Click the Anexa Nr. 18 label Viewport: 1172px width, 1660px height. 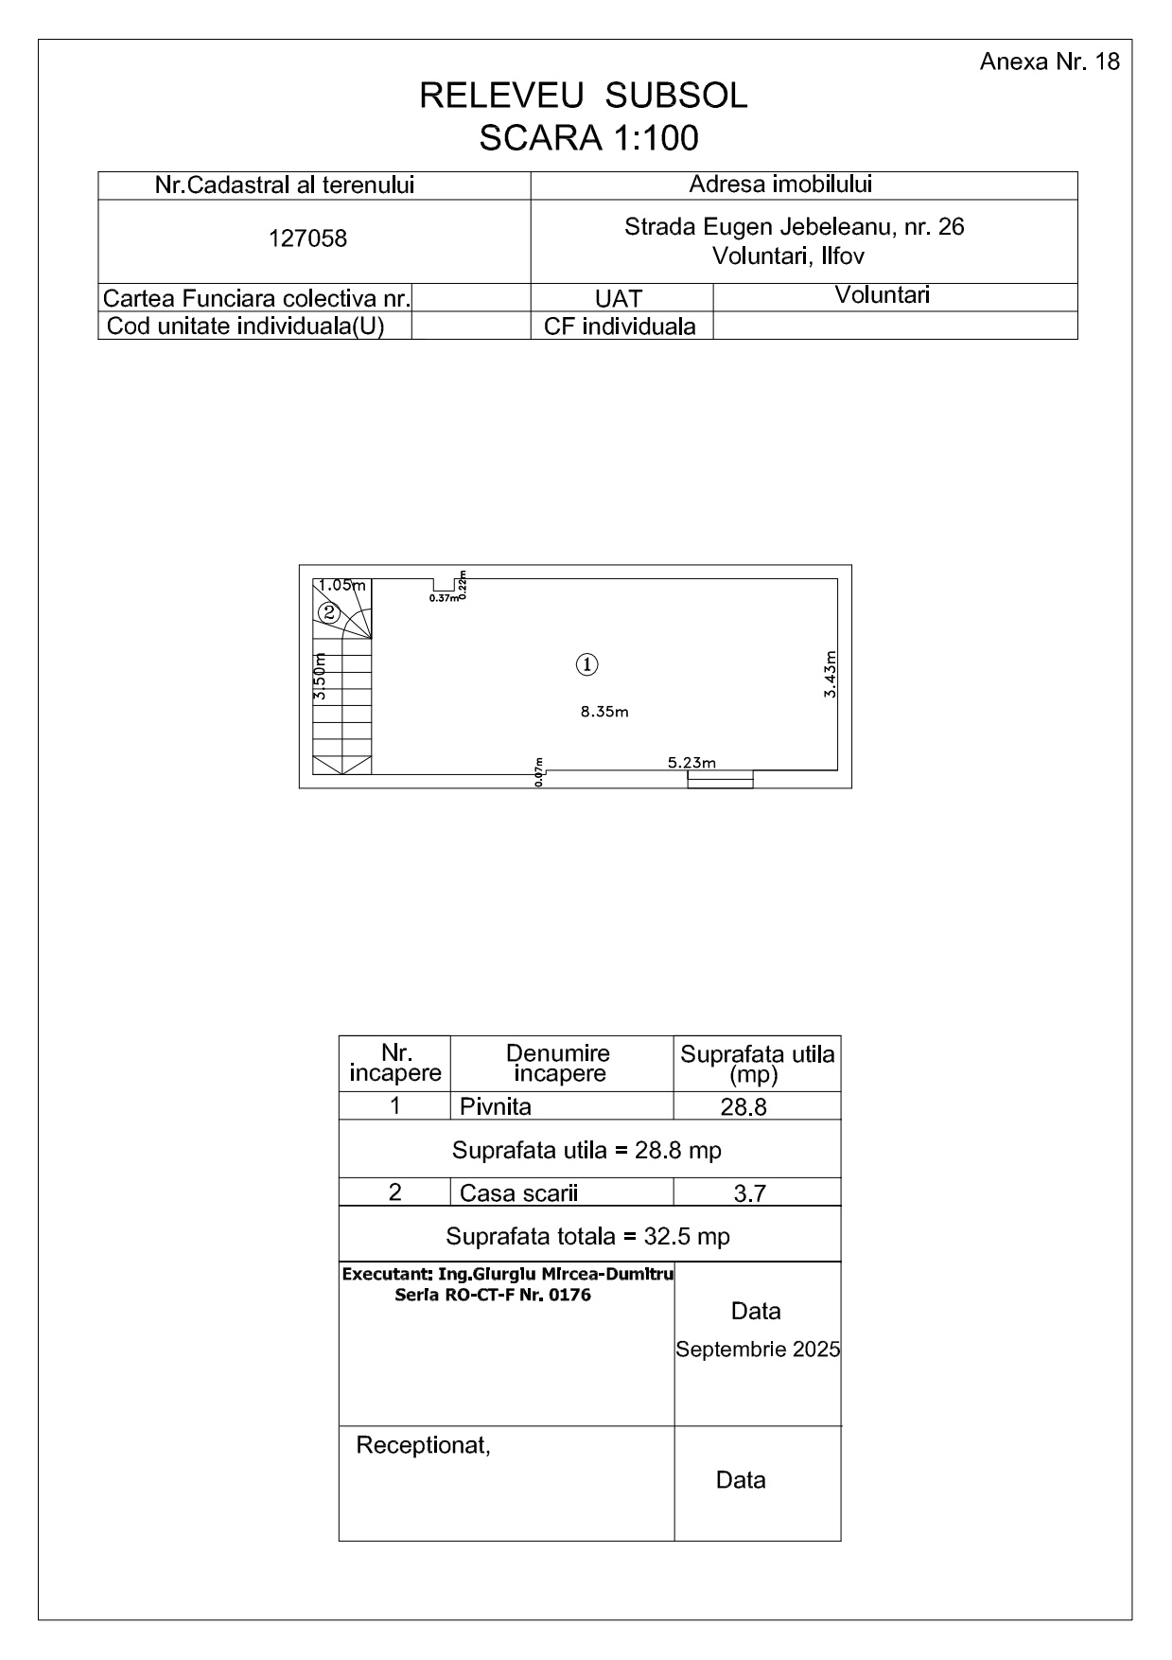[1049, 62]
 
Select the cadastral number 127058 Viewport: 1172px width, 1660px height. [307, 238]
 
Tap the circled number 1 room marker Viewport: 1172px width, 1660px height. [587, 664]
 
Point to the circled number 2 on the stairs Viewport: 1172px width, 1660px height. [329, 612]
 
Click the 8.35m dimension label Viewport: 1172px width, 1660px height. [604, 712]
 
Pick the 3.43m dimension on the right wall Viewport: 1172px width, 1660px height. [831, 674]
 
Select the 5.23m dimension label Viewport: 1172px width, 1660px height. [691, 762]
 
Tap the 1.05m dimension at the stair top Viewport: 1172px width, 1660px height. [341, 585]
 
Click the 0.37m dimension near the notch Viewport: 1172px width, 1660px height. [443, 598]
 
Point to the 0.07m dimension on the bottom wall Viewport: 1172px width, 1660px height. [539, 772]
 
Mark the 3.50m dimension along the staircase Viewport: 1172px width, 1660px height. [320, 677]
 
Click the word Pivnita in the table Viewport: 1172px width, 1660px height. [496, 1106]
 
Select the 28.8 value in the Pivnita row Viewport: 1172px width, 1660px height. [743, 1107]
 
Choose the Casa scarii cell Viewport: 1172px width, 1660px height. [518, 1193]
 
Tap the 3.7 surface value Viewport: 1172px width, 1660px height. [749, 1194]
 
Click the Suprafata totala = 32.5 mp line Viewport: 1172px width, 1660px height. [587, 1237]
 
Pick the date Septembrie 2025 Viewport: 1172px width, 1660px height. [758, 1350]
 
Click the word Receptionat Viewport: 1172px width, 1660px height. [423, 1445]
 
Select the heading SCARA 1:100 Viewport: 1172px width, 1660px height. [588, 138]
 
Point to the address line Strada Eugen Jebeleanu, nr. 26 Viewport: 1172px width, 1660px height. [794, 227]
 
